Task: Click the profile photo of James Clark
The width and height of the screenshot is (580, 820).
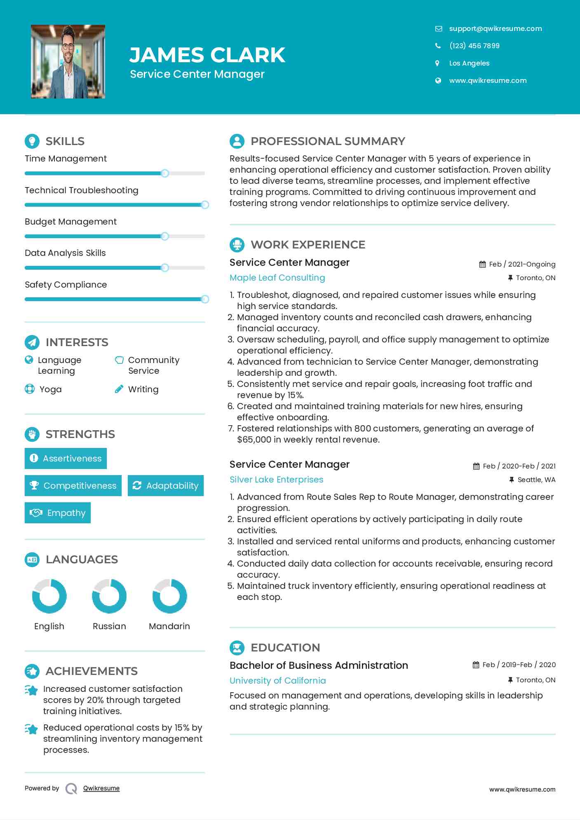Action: pos(68,61)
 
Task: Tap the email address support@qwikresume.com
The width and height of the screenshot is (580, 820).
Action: pos(495,28)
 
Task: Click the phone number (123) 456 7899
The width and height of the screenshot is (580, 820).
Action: pos(474,46)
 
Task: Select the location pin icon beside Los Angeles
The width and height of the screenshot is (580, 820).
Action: pos(438,63)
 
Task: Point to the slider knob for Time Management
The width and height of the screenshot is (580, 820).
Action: pos(165,173)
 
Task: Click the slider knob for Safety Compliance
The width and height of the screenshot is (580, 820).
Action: pos(204,299)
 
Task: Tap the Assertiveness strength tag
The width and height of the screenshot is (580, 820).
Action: pos(66,458)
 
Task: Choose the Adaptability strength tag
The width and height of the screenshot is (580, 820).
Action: pos(166,485)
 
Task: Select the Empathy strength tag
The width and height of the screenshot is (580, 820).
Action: pos(58,513)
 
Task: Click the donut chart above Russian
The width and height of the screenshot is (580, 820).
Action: pos(109,596)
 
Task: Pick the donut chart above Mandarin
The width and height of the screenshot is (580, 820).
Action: pos(169,596)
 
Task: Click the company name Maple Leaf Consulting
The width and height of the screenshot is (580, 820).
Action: pos(277,278)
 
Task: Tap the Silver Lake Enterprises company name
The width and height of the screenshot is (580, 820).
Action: pos(276,480)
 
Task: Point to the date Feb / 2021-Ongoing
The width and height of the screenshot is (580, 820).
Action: pos(522,264)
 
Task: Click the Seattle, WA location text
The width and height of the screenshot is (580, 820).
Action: pos(536,480)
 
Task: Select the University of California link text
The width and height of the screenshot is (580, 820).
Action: pos(277,680)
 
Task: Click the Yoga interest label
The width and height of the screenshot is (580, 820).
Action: pos(50,389)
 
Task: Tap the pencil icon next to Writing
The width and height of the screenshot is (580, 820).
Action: pos(119,389)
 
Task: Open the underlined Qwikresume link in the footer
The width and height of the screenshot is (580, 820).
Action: pos(101,788)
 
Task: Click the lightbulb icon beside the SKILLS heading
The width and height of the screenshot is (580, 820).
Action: pos(32,141)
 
